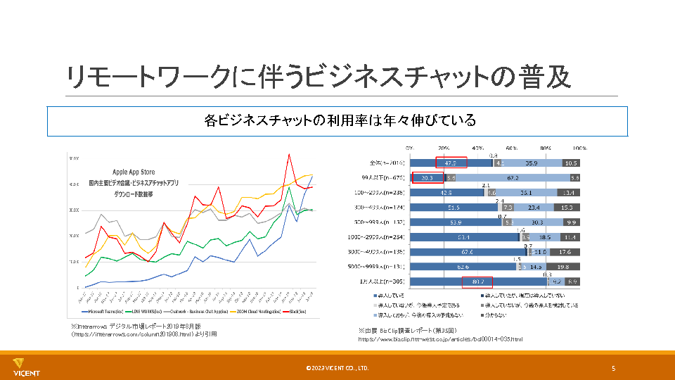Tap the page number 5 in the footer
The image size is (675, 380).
(x=613, y=368)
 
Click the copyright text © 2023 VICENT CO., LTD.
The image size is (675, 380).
(x=337, y=368)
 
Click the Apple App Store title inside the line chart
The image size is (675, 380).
(x=134, y=172)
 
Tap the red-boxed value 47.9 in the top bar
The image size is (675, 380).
(x=451, y=163)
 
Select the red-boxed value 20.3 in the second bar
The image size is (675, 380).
(x=427, y=178)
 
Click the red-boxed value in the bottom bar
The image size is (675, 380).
(x=478, y=282)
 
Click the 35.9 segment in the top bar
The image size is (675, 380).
(x=532, y=163)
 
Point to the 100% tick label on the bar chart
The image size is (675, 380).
(x=579, y=149)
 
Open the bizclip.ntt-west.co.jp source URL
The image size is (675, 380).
(x=439, y=339)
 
